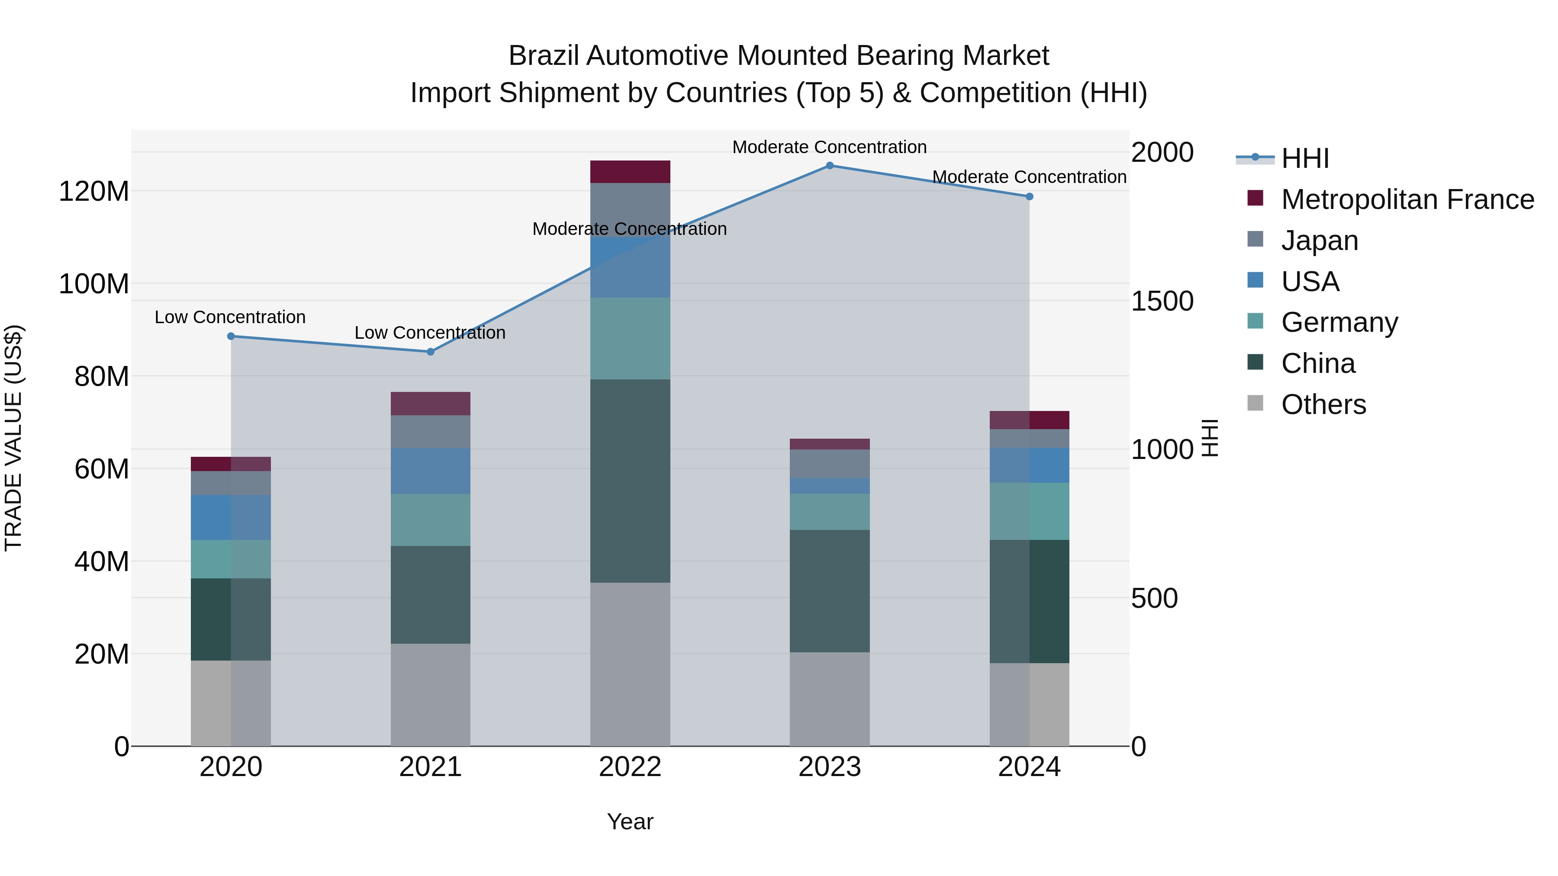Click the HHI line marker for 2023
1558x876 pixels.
[x=829, y=166]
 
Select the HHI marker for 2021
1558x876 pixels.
[x=431, y=352]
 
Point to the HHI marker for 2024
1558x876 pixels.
[x=1030, y=196]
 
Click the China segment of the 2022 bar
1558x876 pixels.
[x=630, y=481]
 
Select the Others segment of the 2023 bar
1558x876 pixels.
[x=829, y=699]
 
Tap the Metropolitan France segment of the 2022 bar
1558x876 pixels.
[x=630, y=172]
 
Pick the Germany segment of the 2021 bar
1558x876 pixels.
[x=430, y=520]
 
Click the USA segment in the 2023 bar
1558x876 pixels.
[x=829, y=486]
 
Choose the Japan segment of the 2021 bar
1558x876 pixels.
[x=430, y=432]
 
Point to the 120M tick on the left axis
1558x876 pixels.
[x=94, y=192]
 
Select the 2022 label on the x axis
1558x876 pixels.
[x=630, y=767]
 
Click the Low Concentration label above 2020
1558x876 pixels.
[x=230, y=318]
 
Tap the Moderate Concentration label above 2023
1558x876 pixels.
[x=829, y=147]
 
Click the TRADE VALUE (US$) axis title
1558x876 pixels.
[x=13, y=438]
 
